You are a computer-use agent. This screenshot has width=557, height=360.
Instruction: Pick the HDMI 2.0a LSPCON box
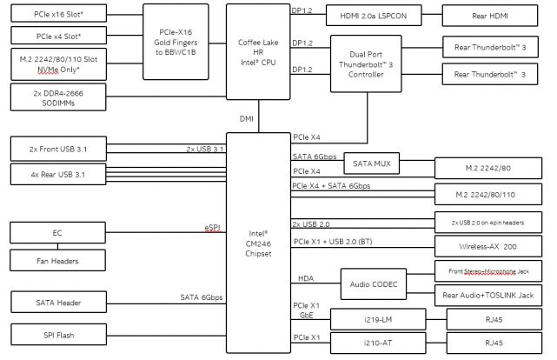pyautogui.click(x=373, y=16)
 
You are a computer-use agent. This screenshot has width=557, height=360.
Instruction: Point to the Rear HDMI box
pyautogui.click(x=493, y=16)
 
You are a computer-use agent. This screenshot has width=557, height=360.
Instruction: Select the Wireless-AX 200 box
pyautogui.click(x=491, y=246)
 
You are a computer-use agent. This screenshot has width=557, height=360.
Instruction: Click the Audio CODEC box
pyautogui.click(x=373, y=283)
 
